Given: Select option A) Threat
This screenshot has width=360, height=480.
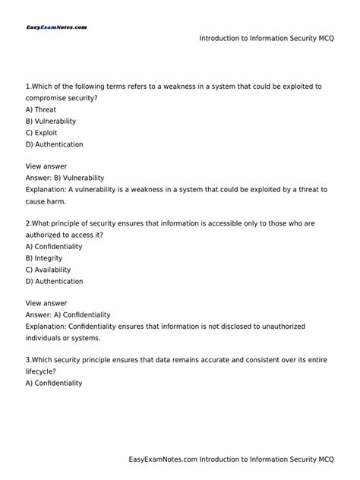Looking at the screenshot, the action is pyautogui.click(x=41, y=109).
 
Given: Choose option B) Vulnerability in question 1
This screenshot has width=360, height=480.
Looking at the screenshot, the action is pyautogui.click(x=51, y=121).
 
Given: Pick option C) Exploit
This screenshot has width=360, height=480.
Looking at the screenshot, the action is pyautogui.click(x=43, y=132).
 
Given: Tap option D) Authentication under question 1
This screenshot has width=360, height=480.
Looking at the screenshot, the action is pyautogui.click(x=54, y=144).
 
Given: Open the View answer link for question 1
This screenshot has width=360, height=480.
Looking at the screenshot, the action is pyautogui.click(x=46, y=166).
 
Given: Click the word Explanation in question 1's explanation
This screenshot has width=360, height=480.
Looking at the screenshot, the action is pyautogui.click(x=46, y=189).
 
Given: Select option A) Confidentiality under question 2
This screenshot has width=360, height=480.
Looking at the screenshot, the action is pyautogui.click(x=53, y=247).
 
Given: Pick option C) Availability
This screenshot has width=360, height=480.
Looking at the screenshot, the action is pyautogui.click(x=48, y=270).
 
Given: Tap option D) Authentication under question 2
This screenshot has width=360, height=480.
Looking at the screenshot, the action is pyautogui.click(x=54, y=281).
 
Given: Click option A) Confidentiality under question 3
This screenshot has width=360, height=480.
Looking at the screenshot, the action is pyautogui.click(x=53, y=384).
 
